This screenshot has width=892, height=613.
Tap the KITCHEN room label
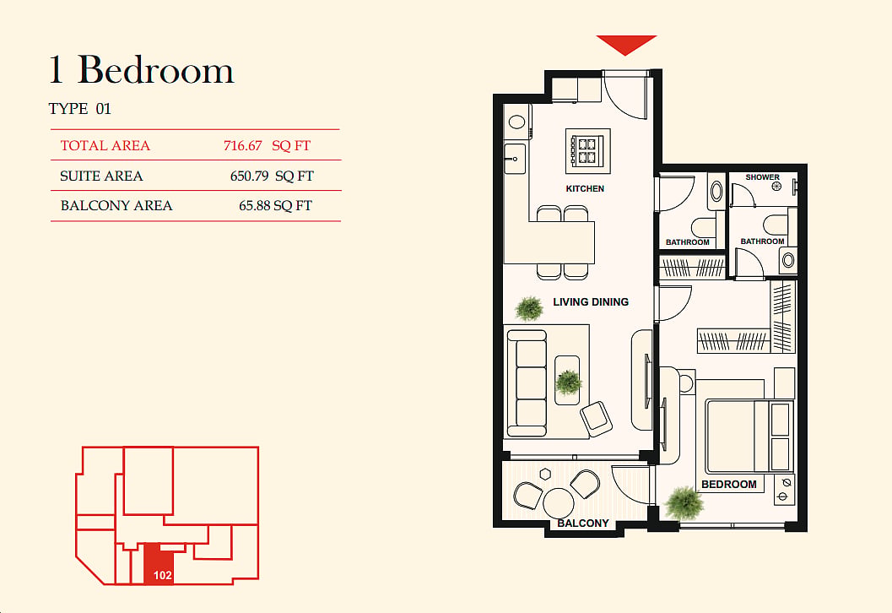click(x=585, y=188)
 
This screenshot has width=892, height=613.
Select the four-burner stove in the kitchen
click(x=587, y=151)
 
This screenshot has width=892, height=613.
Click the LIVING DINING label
click(x=591, y=301)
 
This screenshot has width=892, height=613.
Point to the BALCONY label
click(x=583, y=523)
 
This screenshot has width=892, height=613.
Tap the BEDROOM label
click(x=729, y=485)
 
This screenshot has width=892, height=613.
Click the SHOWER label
click(x=762, y=177)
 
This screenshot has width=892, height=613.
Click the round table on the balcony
click(x=558, y=504)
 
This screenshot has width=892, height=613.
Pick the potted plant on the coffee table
click(x=568, y=382)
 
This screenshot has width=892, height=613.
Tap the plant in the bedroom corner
click(x=684, y=503)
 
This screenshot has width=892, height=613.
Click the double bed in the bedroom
click(x=748, y=437)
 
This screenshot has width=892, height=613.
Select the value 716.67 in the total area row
click(x=242, y=146)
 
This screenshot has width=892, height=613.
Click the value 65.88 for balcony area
click(x=254, y=205)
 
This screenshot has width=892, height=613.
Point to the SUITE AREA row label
click(x=101, y=176)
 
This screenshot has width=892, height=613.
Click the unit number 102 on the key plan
click(x=162, y=576)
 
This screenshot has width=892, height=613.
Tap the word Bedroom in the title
click(x=155, y=70)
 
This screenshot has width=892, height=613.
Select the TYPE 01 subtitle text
click(x=79, y=109)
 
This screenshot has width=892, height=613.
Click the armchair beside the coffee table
click(x=596, y=418)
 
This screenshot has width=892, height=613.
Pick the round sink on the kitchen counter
click(x=516, y=122)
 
